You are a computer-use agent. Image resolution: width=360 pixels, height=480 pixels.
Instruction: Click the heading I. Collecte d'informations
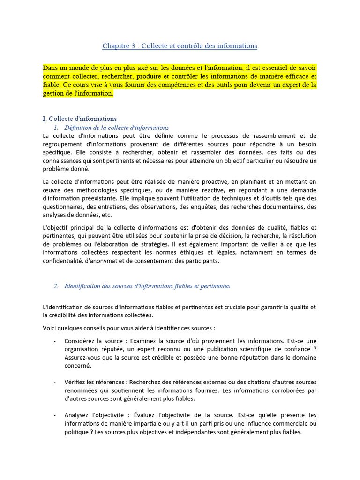pyautogui.click(x=80, y=119)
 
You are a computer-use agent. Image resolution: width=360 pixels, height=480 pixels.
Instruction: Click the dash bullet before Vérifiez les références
pyautogui.click(x=55, y=382)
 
